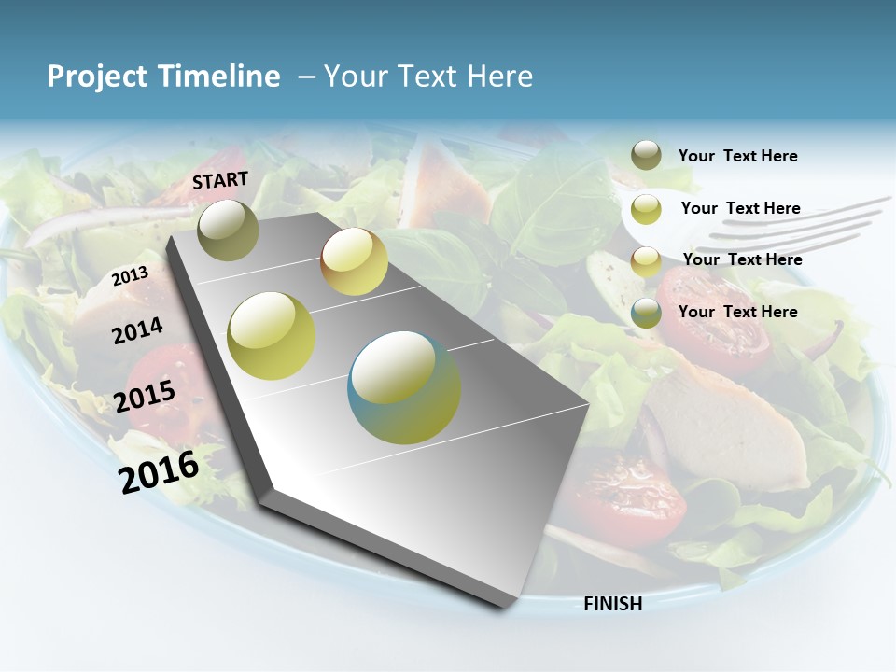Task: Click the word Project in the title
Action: click(92, 77)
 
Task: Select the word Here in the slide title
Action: click(499, 77)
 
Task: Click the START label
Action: click(220, 180)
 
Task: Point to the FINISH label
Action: click(613, 604)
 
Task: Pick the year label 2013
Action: click(130, 276)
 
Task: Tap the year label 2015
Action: click(145, 397)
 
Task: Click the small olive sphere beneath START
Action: click(228, 230)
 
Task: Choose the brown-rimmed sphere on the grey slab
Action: click(354, 261)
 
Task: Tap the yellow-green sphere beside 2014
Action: click(272, 336)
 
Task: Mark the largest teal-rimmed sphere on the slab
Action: click(404, 387)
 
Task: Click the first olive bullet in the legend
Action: click(646, 155)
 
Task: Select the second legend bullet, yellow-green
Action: click(646, 209)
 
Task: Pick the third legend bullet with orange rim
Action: click(646, 261)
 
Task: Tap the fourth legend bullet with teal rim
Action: click(646, 313)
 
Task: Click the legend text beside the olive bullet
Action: click(737, 157)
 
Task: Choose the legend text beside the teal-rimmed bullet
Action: click(737, 312)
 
